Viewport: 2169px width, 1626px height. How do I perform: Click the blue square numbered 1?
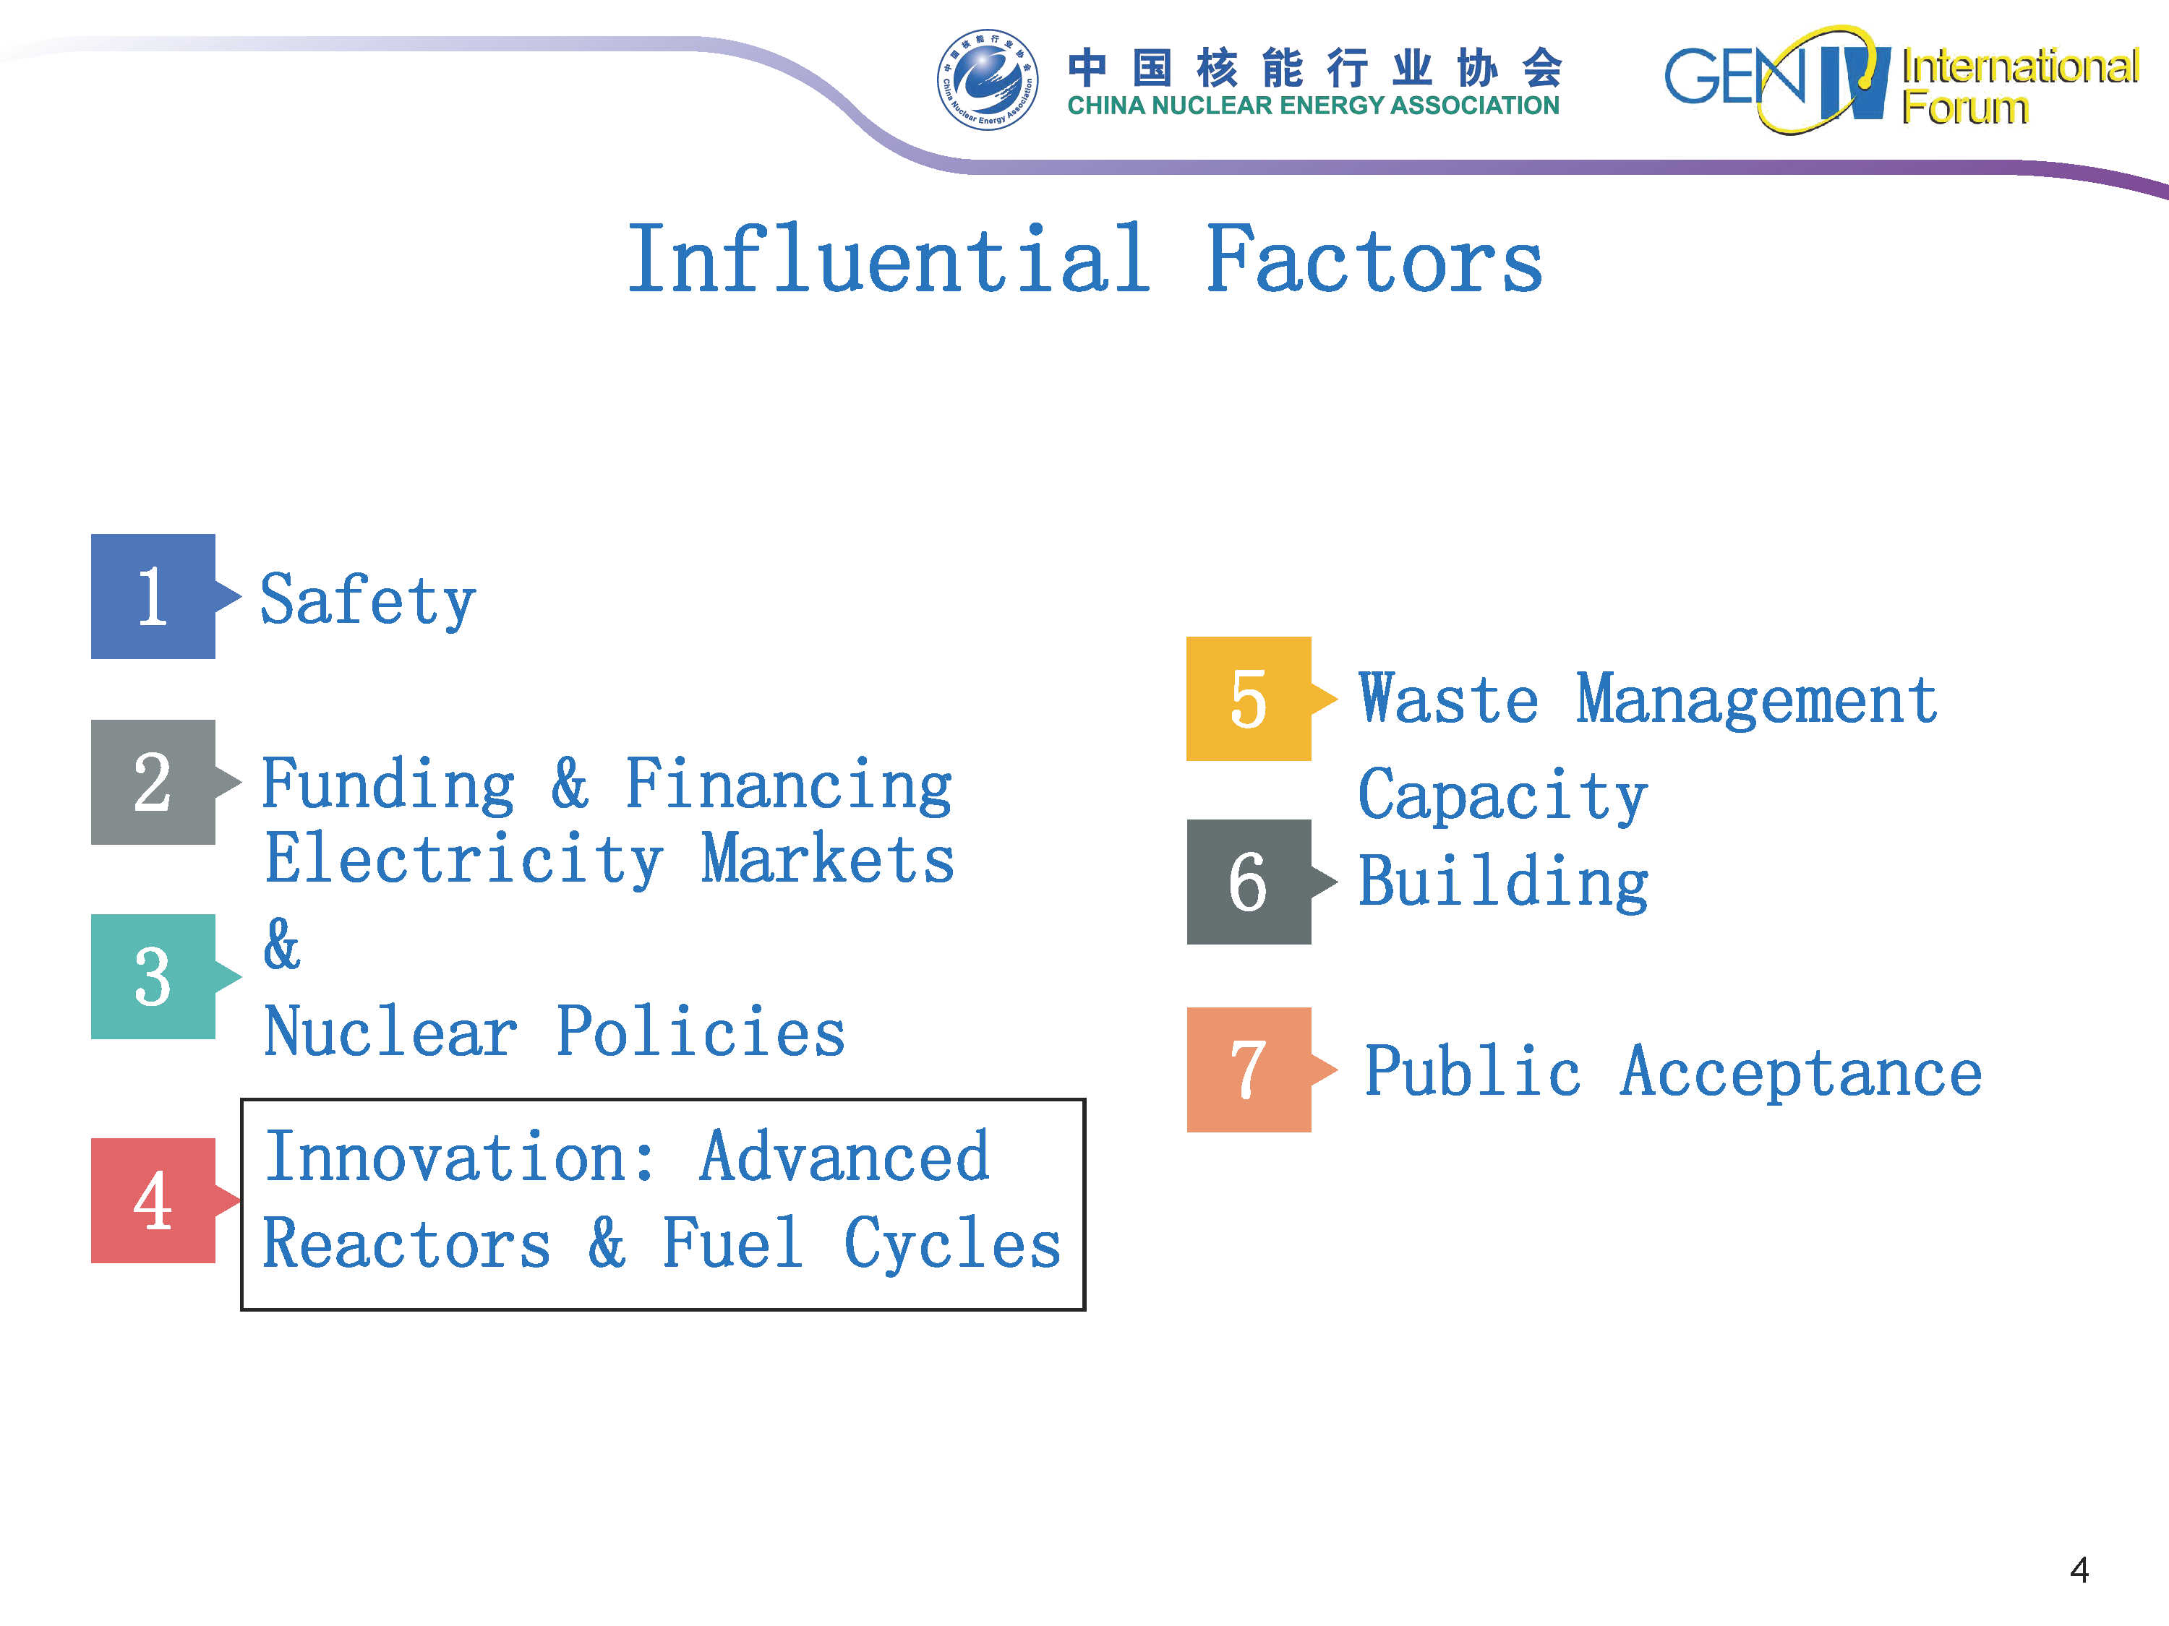153,596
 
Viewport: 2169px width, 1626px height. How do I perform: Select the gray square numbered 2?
153,782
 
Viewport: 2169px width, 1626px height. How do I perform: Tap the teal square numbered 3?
153,976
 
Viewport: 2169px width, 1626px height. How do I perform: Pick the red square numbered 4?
153,1200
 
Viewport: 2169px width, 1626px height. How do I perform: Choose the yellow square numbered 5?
1248,699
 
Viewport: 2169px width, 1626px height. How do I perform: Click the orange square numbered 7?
1248,1070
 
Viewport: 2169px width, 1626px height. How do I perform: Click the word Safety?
368,601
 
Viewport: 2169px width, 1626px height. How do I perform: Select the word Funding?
388,785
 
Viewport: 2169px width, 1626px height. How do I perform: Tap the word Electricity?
464,859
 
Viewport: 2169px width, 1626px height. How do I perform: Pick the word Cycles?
952,1244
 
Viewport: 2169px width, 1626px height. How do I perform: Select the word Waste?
1448,700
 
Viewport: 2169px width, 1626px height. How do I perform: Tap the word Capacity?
1502,795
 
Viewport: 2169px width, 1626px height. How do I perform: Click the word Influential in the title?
889,259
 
